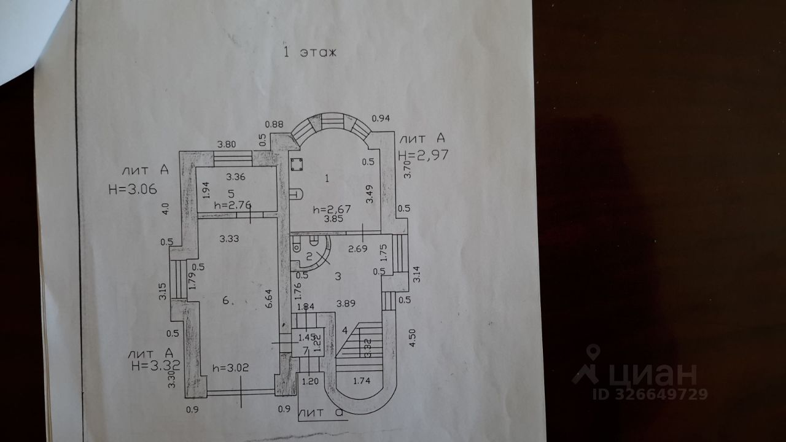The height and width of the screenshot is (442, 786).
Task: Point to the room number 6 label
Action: pos(226,300)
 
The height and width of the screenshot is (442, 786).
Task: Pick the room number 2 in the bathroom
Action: pos(309,256)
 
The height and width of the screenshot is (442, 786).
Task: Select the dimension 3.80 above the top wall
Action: pos(227,145)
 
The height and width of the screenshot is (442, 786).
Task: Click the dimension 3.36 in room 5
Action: pos(236,178)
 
